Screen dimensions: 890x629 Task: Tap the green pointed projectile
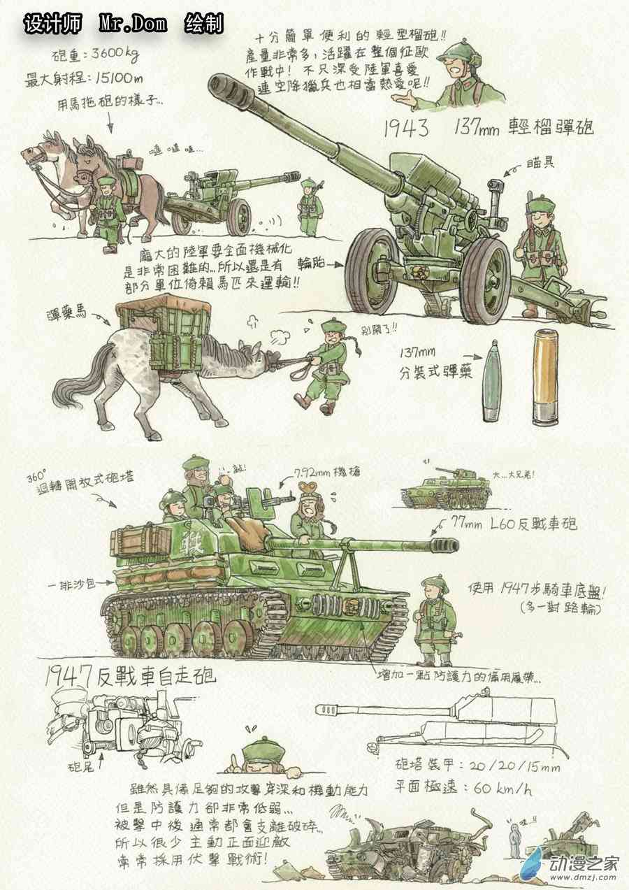[x=493, y=381]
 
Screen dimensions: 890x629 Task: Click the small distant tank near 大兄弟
[x=444, y=487]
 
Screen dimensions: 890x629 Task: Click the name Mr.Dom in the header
[x=133, y=24]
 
